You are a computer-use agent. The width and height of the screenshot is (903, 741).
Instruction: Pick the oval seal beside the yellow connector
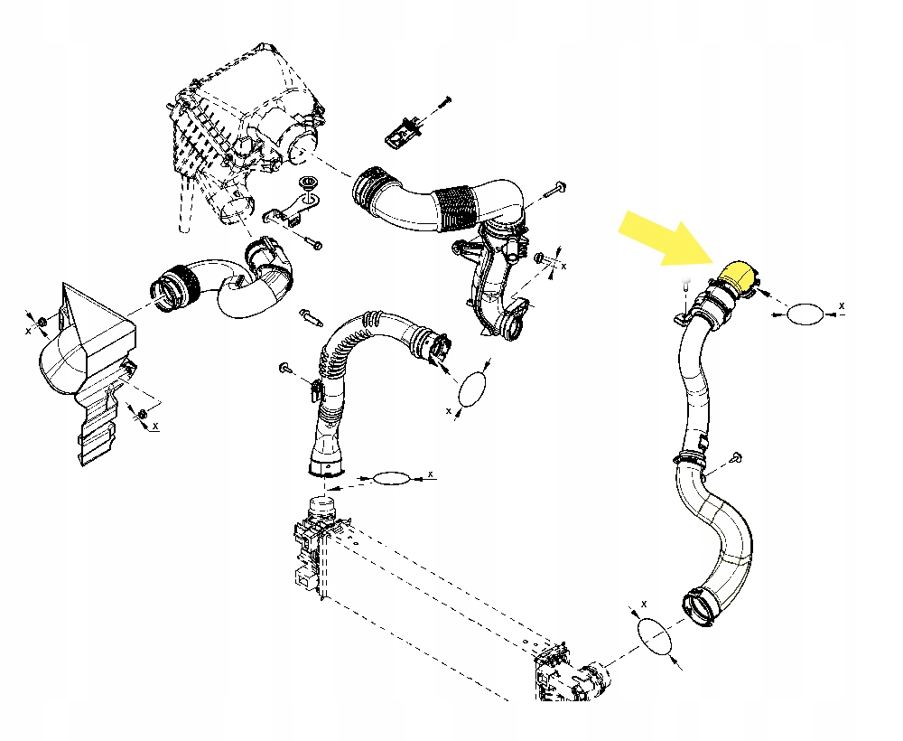pyautogui.click(x=805, y=314)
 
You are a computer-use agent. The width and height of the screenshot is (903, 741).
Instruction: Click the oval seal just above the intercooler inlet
pyautogui.click(x=392, y=478)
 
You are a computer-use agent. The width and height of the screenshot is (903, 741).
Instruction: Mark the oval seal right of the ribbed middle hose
pyautogui.click(x=473, y=389)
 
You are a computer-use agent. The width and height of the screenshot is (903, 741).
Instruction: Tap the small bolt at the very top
pyautogui.click(x=442, y=99)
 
